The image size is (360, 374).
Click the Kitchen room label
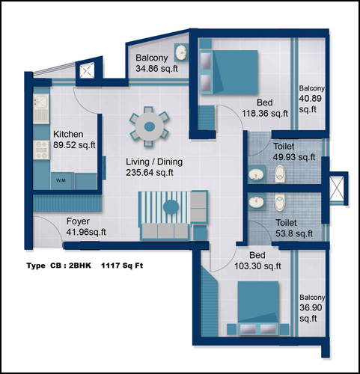(x=68, y=134)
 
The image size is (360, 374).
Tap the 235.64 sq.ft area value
(x=150, y=173)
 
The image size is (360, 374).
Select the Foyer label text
(x=78, y=221)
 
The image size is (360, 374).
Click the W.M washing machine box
(x=62, y=180)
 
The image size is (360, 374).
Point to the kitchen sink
(x=41, y=109)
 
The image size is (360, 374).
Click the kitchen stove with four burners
(x=41, y=150)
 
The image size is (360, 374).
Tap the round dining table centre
(x=149, y=126)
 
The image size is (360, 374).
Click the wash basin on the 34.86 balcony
(x=181, y=52)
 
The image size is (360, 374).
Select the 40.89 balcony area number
(x=310, y=99)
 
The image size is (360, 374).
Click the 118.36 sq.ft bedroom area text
(x=265, y=114)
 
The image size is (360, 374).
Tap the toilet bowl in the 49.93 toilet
(x=280, y=174)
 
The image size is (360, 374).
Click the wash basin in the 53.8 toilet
(x=256, y=201)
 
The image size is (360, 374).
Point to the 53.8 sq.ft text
(x=294, y=233)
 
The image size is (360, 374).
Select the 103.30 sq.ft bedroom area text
(x=257, y=266)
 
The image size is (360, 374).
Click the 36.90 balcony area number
(x=311, y=307)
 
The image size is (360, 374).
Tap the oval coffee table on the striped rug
(x=171, y=207)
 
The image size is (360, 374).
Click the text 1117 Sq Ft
(x=122, y=266)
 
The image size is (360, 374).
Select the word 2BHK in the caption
(x=80, y=266)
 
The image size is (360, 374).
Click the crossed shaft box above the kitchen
(x=87, y=70)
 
